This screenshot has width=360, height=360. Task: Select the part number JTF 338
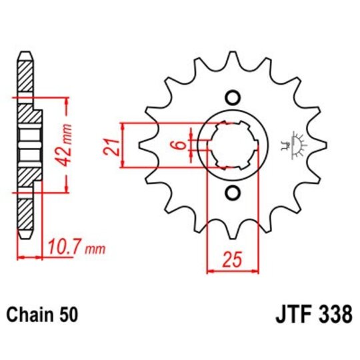tap(312, 313)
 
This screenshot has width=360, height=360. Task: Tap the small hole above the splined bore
tap(233, 97)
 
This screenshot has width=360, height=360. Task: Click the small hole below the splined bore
tap(233, 193)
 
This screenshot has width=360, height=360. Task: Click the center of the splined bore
tap(233, 145)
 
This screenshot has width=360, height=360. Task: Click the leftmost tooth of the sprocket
tap(142, 145)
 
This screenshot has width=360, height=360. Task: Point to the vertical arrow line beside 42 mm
tap(67, 145)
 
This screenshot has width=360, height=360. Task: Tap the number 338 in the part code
tap(333, 313)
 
